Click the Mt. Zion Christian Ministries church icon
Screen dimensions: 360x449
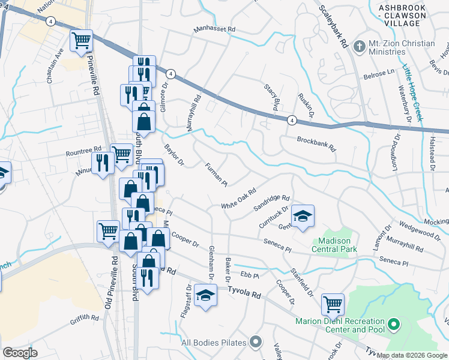click(x=360, y=46)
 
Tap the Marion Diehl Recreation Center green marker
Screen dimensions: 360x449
click(x=394, y=325)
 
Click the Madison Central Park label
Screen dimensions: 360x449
click(x=334, y=244)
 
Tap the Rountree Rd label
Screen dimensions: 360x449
click(x=84, y=150)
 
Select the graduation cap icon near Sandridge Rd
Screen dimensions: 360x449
click(x=303, y=216)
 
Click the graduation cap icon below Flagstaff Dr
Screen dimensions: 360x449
click(x=205, y=296)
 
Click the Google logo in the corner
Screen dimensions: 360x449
click(x=20, y=353)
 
